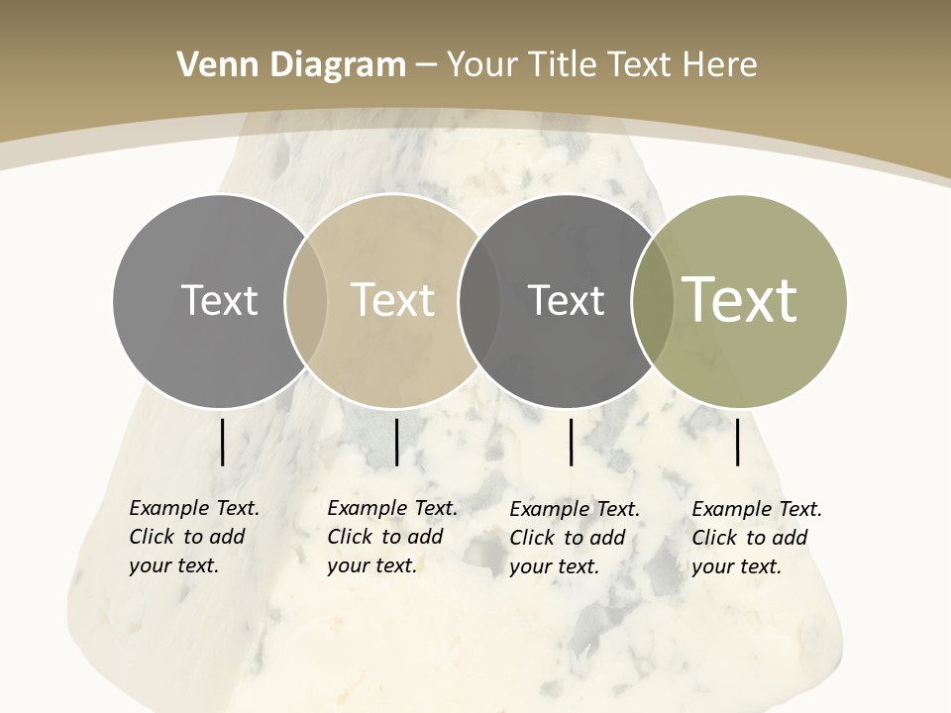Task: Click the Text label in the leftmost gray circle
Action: [x=219, y=300]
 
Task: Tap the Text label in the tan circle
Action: [x=392, y=300]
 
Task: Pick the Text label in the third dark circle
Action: [x=566, y=300]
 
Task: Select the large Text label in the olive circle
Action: [x=740, y=300]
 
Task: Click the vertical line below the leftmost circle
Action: [x=222, y=442]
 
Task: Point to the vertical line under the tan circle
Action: [x=396, y=442]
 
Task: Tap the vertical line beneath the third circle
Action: [x=571, y=442]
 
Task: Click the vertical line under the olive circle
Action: [x=738, y=442]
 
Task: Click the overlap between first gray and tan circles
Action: [x=306, y=301]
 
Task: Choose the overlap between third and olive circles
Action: [x=649, y=301]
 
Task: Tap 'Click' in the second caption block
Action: [x=349, y=537]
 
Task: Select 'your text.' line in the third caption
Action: [x=554, y=566]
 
